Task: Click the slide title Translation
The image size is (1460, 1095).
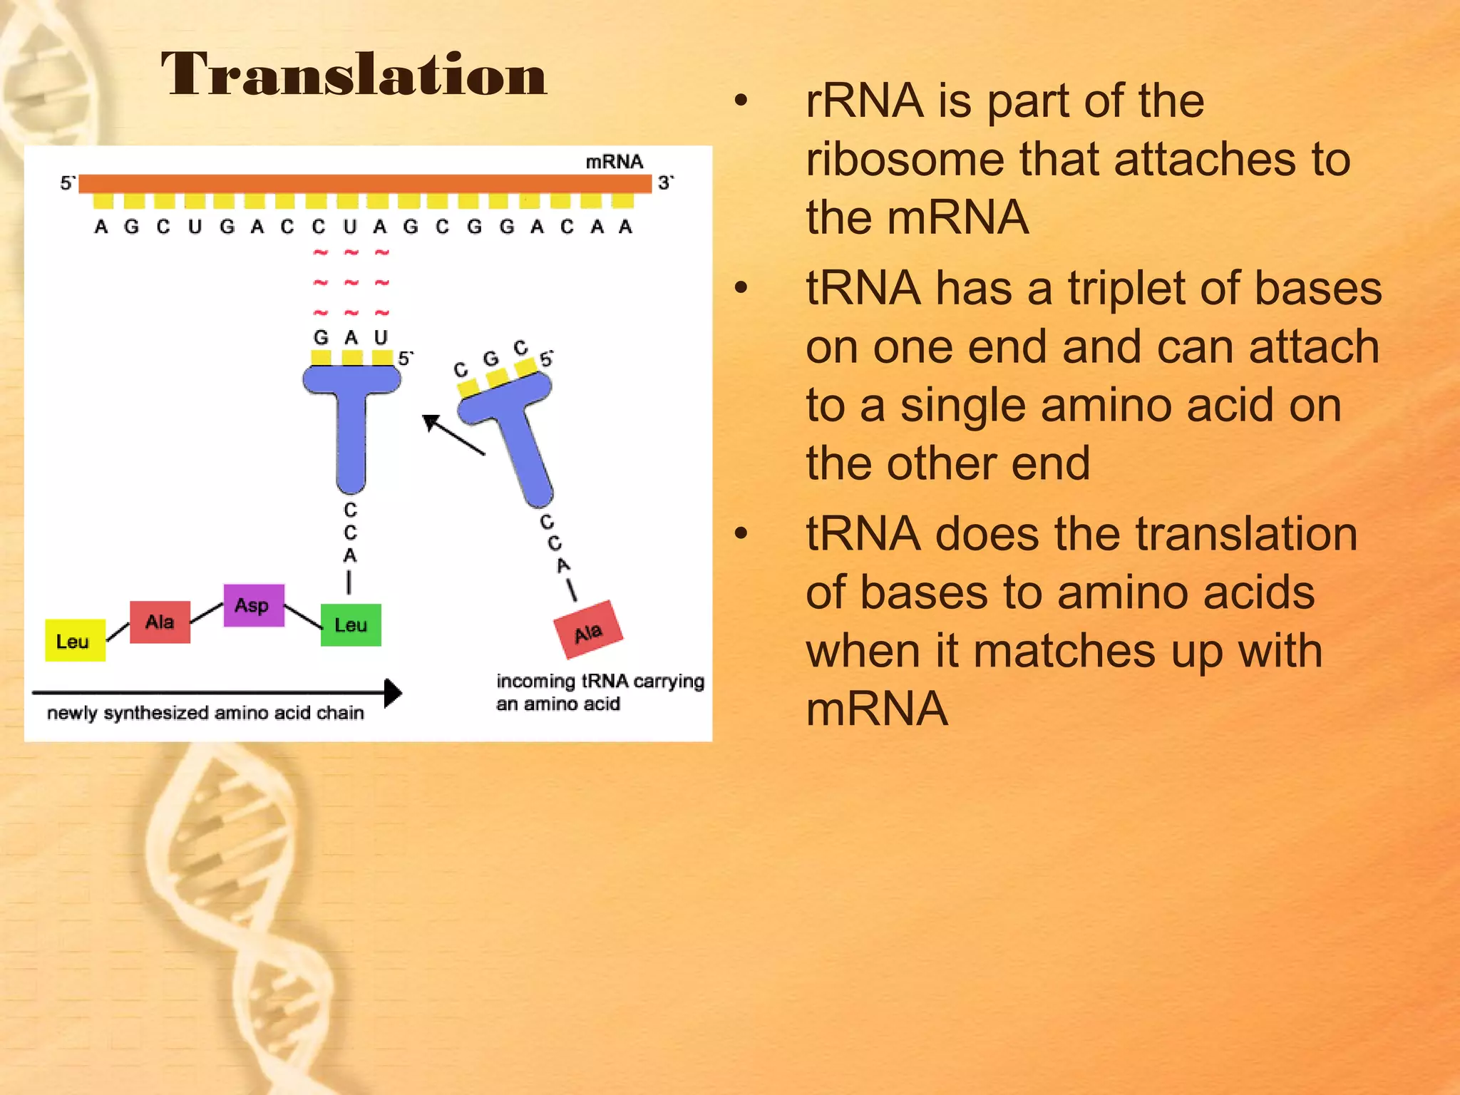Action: (353, 74)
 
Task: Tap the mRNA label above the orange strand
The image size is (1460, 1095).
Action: (614, 162)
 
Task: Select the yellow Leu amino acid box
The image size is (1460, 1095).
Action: (75, 640)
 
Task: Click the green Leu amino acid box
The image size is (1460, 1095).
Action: (351, 624)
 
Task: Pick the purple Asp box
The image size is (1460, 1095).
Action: (253, 605)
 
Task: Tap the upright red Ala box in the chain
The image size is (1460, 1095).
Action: (160, 622)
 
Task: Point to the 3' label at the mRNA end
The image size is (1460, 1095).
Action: (665, 183)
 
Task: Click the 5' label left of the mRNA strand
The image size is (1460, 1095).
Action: (67, 183)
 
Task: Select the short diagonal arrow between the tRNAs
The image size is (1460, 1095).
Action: (453, 434)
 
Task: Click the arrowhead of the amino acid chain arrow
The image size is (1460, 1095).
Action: (393, 693)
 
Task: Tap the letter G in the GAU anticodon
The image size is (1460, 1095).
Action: (321, 337)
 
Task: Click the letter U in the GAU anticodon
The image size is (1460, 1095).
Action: (381, 337)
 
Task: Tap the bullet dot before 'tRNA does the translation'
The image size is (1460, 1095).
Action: (741, 533)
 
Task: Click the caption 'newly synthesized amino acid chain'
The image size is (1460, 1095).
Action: (205, 713)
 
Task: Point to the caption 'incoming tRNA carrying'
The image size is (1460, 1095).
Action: (600, 682)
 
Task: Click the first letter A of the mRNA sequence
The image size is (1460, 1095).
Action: (101, 227)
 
